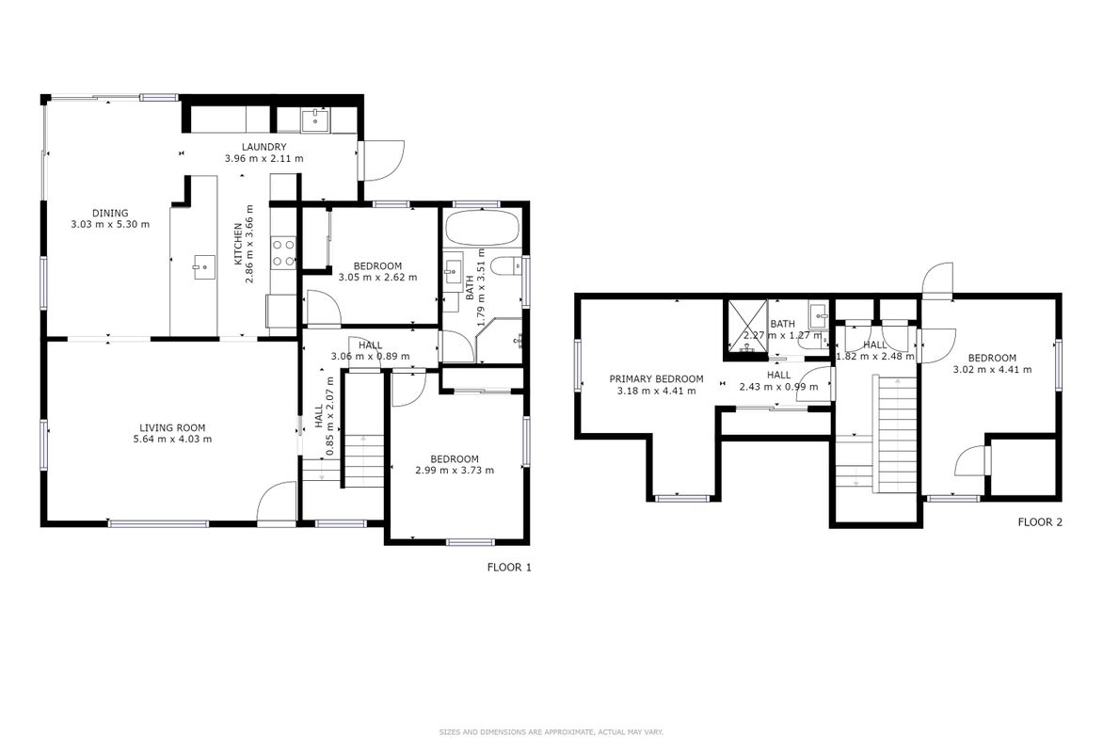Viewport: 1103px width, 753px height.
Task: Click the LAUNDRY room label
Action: click(264, 147)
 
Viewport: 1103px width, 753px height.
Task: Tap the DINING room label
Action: click(110, 214)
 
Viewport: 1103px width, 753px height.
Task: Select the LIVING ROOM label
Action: click(172, 428)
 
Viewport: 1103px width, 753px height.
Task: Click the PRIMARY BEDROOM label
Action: click(656, 378)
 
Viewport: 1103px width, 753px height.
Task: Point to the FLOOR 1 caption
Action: click(509, 568)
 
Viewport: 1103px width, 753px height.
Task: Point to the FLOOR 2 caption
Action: click(1040, 522)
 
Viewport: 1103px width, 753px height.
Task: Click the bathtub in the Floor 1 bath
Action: click(483, 227)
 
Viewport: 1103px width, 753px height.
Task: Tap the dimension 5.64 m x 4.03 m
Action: click(172, 440)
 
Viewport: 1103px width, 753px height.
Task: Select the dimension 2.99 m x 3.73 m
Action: click(455, 470)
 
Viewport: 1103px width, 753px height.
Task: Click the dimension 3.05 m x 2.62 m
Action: click(377, 278)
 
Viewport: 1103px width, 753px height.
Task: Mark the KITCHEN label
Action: click(238, 244)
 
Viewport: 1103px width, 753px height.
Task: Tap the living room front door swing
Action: click(277, 503)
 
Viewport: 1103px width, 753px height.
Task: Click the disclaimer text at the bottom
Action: click(551, 732)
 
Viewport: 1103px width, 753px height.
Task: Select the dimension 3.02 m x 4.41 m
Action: click(992, 370)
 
